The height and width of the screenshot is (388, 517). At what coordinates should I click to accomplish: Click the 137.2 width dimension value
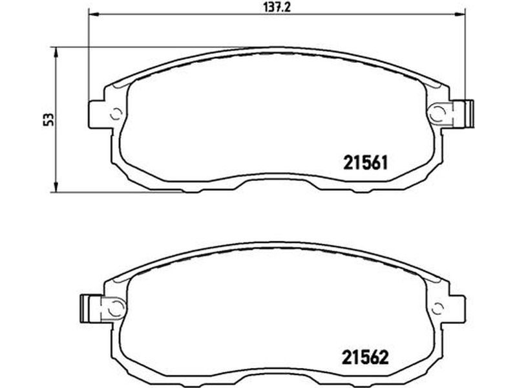(277, 6)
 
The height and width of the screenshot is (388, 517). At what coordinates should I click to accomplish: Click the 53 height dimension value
(49, 120)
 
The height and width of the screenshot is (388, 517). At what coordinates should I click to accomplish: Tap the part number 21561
(365, 163)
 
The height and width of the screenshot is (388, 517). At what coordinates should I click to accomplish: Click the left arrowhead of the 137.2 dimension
(94, 14)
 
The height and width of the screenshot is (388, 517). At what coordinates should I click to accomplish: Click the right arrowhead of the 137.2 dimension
(459, 14)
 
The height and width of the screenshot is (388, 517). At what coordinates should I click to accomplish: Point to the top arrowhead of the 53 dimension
(56, 52)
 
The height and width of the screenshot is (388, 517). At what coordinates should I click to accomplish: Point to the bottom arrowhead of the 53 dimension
(56, 187)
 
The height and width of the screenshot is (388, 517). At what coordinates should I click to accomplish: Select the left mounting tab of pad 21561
(96, 114)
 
